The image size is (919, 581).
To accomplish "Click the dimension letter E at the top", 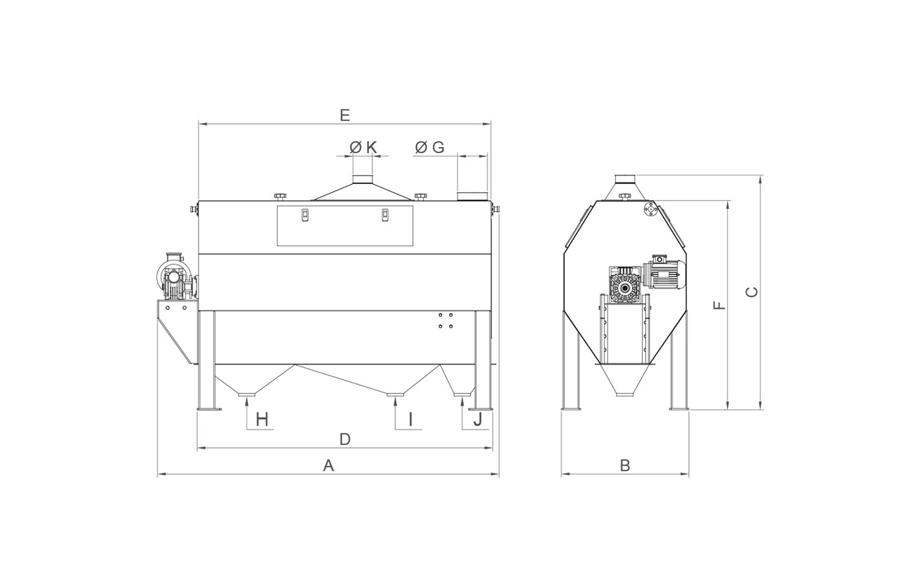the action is click(x=345, y=115).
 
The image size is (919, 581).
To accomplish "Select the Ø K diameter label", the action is click(x=363, y=147).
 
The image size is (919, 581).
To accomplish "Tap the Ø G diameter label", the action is click(x=429, y=147).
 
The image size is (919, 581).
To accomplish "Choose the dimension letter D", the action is click(x=345, y=439).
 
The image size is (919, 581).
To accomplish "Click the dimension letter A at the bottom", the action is click(x=328, y=466).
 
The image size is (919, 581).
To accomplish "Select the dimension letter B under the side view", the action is click(x=625, y=466).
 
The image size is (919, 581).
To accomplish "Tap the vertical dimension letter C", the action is click(x=752, y=292).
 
